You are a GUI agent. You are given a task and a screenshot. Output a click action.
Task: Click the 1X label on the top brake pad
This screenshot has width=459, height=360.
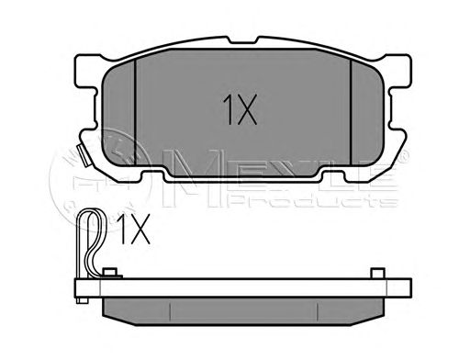(241, 109)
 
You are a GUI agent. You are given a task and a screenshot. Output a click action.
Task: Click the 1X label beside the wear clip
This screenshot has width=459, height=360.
(133, 229)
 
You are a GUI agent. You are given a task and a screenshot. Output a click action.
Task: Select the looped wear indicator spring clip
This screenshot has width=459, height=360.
(91, 242)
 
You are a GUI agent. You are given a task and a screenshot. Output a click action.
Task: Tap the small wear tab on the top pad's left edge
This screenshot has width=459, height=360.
(84, 155)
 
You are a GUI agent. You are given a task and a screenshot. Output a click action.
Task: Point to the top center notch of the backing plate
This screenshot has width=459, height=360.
(241, 40)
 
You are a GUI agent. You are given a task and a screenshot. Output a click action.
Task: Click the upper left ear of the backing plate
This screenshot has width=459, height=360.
(88, 72)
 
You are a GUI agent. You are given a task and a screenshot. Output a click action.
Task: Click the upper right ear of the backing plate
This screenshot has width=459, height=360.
(398, 72)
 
